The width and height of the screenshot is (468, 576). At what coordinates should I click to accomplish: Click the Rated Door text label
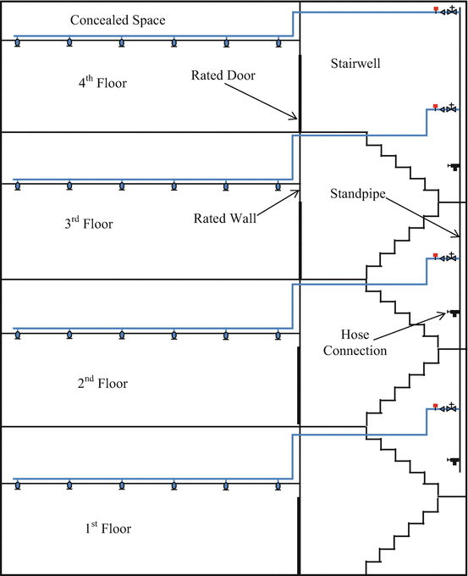(x=223, y=75)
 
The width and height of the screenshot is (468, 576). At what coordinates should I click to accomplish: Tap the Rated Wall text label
(x=224, y=217)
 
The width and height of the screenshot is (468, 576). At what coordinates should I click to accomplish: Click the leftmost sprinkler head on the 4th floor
(x=17, y=43)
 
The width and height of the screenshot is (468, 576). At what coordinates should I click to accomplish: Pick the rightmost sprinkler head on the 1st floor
(x=278, y=486)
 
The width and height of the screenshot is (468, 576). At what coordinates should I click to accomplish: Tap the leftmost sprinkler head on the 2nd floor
(x=17, y=336)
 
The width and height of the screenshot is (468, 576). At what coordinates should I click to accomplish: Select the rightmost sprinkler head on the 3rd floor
(x=278, y=186)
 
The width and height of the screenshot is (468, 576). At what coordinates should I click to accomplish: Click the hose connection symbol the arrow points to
(x=454, y=313)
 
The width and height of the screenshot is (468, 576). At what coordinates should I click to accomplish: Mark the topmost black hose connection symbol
(x=454, y=166)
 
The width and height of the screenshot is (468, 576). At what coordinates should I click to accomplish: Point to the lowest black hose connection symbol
(x=454, y=461)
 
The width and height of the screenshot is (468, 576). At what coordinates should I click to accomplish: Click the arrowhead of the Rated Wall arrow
(x=299, y=191)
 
